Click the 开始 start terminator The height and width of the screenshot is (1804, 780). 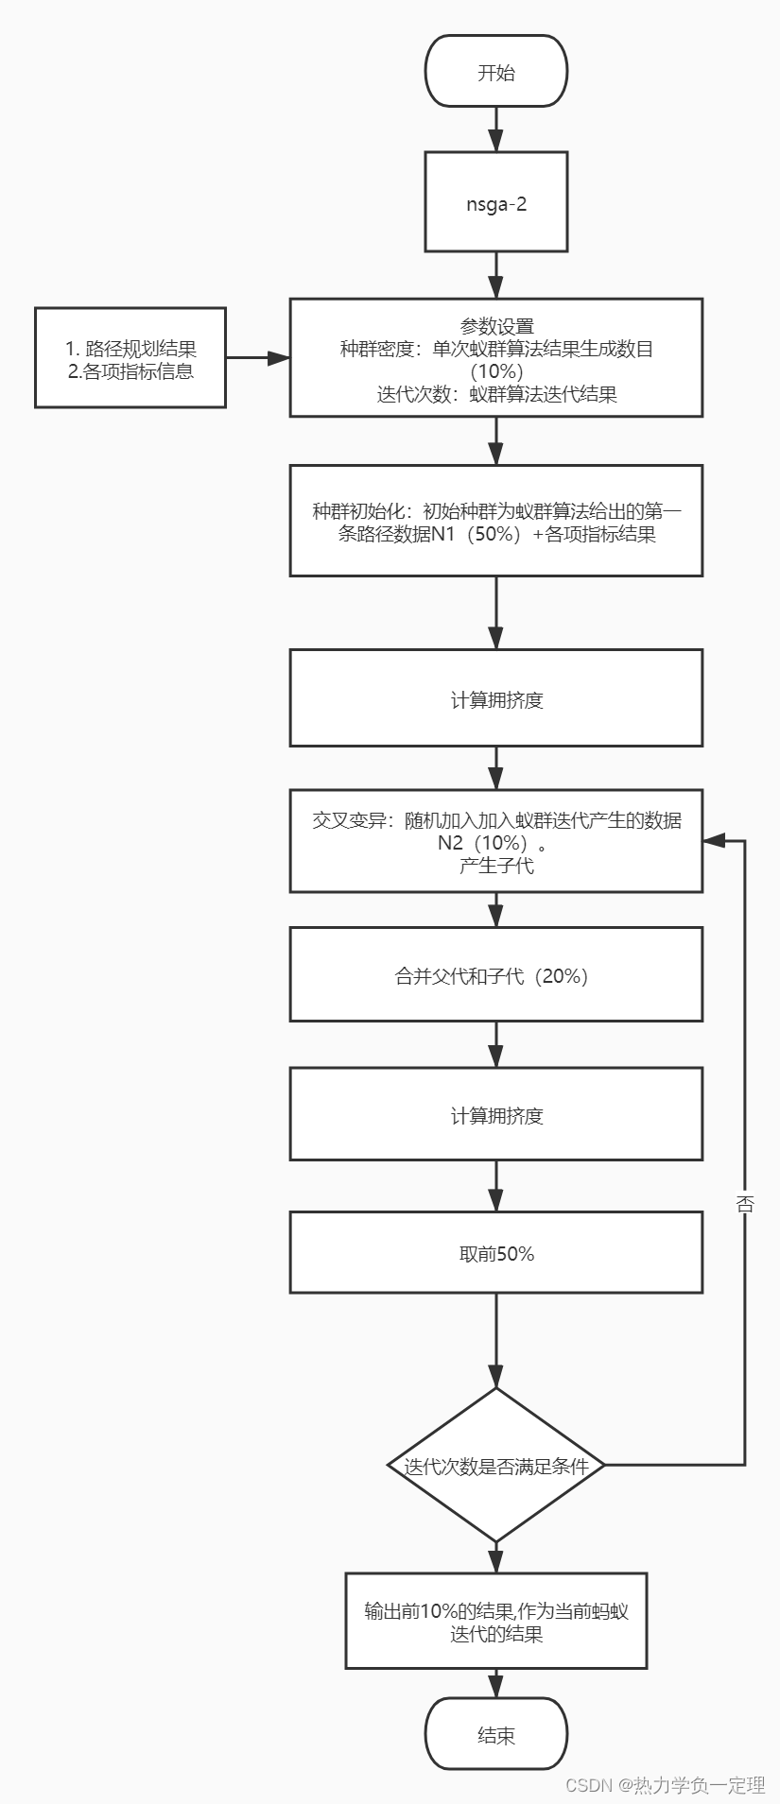click(x=496, y=72)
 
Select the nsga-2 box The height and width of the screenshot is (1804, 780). click(x=496, y=202)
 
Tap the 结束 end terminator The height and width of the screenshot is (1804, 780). click(x=496, y=1735)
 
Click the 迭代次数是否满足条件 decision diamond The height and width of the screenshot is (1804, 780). click(x=496, y=1466)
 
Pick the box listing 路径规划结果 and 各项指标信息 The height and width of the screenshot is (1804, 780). click(x=130, y=358)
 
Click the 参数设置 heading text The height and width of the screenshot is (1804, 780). click(x=496, y=327)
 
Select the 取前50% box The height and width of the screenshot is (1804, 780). click(x=496, y=1253)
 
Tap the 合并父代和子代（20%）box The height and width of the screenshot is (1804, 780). click(x=496, y=974)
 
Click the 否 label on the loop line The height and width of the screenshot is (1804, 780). click(x=745, y=1203)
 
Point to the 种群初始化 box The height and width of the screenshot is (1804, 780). click(x=496, y=521)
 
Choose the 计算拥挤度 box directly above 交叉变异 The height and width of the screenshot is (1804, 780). click(x=496, y=699)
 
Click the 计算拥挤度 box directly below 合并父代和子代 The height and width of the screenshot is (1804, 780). click(x=496, y=1114)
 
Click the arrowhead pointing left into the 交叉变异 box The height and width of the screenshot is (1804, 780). click(x=713, y=840)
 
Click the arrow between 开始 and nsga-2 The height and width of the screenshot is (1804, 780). click(x=496, y=129)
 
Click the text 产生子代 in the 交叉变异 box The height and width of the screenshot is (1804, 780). click(x=496, y=865)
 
